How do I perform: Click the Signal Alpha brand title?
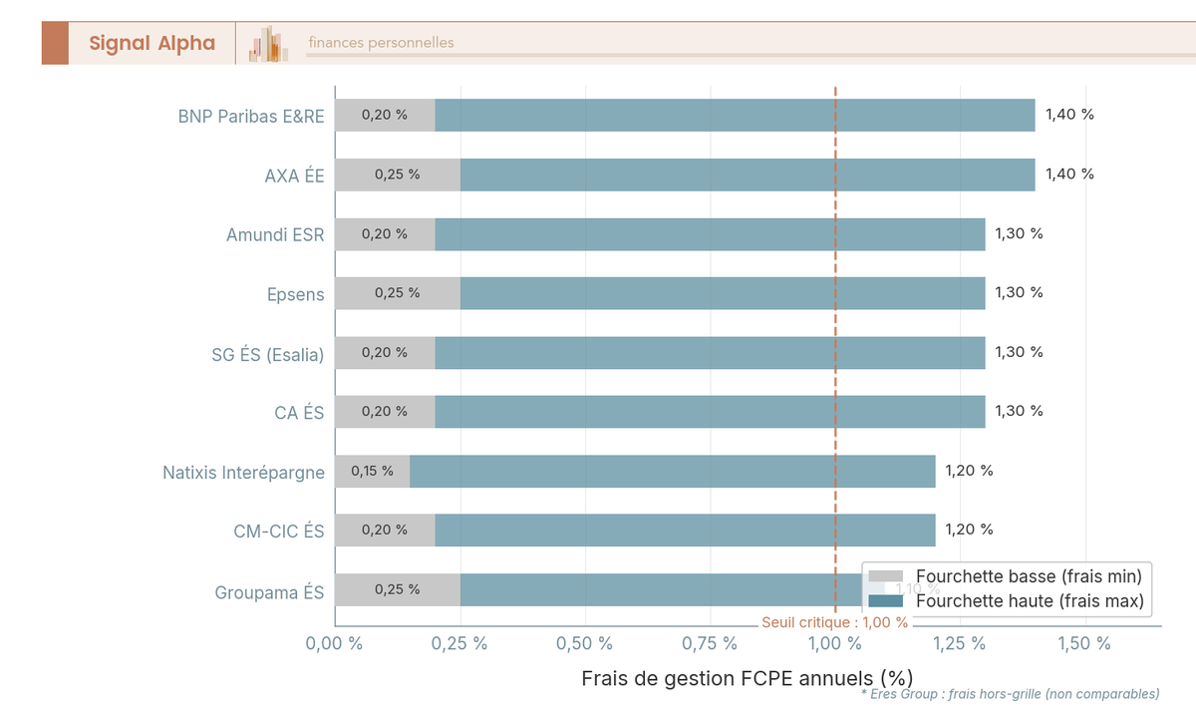pos(151,43)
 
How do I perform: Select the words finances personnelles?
pos(381,43)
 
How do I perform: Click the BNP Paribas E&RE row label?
pos(251,116)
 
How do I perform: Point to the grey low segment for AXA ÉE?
pos(397,175)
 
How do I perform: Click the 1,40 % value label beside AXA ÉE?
pos(1069,175)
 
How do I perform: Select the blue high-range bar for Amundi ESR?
pos(710,234)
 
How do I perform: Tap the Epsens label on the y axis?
pos(295,294)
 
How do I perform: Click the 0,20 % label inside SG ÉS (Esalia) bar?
pos(384,352)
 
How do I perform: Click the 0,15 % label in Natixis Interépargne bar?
pos(372,471)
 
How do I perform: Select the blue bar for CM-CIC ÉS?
pos(685,530)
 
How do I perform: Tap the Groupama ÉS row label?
pos(269,592)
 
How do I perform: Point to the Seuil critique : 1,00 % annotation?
pos(834,622)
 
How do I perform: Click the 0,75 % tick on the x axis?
pos(710,644)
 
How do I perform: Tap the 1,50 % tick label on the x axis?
pos(1084,644)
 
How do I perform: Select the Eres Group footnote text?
pos(1010,694)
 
